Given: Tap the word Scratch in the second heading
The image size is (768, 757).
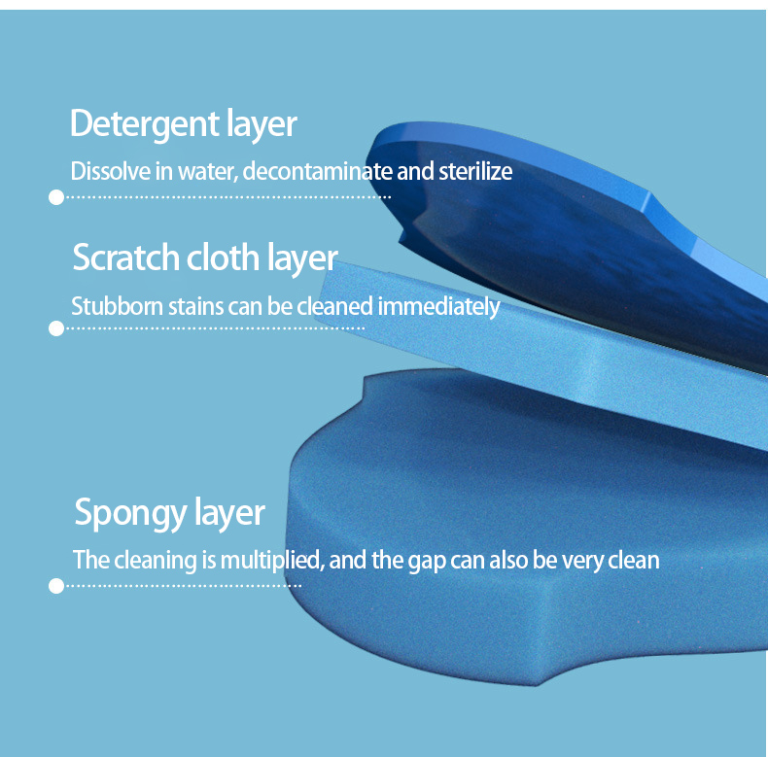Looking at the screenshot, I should [126, 258].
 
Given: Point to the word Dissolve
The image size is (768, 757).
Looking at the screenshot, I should [99, 172].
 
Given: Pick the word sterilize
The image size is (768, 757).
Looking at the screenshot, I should [472, 172].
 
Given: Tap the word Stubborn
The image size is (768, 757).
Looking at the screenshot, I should [107, 307].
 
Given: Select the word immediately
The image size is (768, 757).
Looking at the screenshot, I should [438, 307].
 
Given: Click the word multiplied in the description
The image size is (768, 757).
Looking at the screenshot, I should [268, 561].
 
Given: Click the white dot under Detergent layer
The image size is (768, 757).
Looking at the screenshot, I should [55, 197].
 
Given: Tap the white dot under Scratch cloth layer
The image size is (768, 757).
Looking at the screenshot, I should [55, 328].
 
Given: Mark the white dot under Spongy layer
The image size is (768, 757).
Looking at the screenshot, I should [55, 585].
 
